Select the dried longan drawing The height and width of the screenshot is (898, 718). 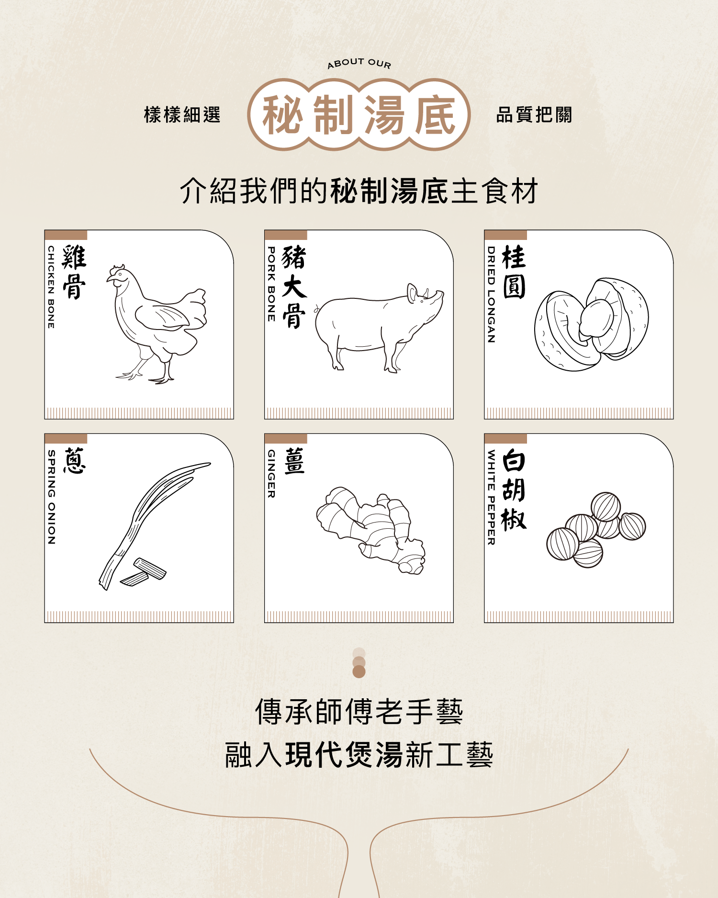(x=592, y=324)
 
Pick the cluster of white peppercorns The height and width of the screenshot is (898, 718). (x=596, y=530)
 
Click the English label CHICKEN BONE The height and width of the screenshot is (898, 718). (x=51, y=287)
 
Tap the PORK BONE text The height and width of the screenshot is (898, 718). (x=271, y=284)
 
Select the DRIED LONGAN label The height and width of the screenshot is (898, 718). (x=491, y=295)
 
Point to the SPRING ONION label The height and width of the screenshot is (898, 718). (x=51, y=497)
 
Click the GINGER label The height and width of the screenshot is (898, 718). (x=271, y=474)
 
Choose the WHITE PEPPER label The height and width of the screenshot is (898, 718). (x=491, y=497)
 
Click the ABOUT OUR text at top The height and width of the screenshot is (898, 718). (x=359, y=63)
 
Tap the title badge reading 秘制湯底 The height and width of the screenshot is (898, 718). (x=359, y=114)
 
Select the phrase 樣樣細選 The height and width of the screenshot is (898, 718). (x=182, y=115)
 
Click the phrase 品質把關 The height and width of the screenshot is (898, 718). (x=534, y=115)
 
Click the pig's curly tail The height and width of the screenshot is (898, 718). (x=317, y=309)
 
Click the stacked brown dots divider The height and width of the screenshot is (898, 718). (x=359, y=663)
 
